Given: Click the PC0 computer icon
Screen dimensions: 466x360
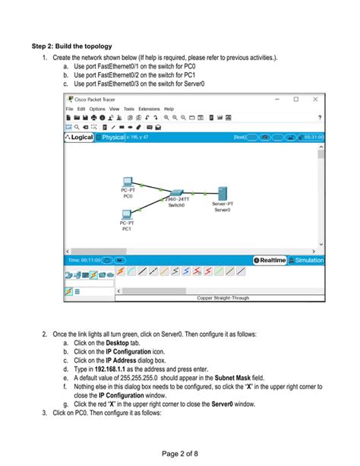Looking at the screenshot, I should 128,182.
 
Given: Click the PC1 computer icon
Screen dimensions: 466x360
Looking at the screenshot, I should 127,214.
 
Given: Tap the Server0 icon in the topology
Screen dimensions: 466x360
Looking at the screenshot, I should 223,193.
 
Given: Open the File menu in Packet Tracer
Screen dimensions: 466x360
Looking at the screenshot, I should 70,109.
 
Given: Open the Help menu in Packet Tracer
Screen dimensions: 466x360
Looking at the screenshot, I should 169,109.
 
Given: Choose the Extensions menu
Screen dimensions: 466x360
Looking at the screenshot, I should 149,109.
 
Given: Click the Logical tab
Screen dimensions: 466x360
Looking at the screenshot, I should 80,137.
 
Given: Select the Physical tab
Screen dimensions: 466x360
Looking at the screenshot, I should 112,137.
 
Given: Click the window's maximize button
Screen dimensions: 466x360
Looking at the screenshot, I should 295,99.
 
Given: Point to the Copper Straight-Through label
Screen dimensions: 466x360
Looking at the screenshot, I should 223,298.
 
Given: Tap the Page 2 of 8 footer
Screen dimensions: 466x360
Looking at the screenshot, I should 180,454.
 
